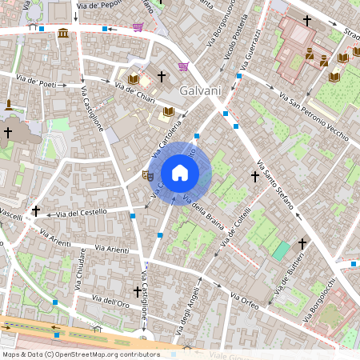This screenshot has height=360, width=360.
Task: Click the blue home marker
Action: (180, 173)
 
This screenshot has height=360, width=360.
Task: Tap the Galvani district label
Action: (201, 90)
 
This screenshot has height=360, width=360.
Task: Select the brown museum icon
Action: (63, 33)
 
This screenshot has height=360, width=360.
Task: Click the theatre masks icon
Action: (147, 174)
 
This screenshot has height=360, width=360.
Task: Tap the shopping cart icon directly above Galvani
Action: (184, 66)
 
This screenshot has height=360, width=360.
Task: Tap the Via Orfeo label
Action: (244, 301)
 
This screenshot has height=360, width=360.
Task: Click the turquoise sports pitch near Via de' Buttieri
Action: (280, 251)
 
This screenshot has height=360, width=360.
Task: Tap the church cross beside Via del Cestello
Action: (35, 211)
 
